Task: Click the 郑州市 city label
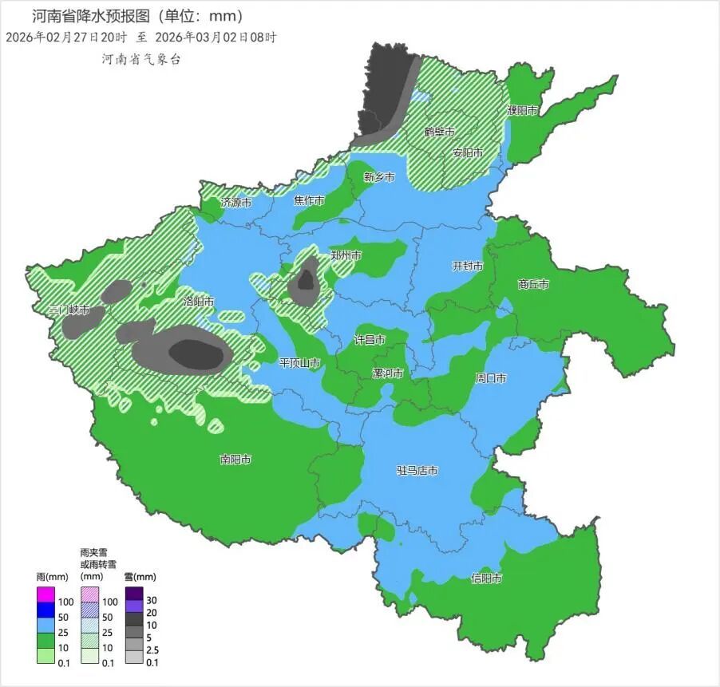pos(346,255)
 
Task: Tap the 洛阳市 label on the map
pos(199,302)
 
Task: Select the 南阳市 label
pos(235,460)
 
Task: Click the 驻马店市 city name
pos(417,471)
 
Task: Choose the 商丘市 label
pos(533,284)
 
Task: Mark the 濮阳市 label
pos(522,111)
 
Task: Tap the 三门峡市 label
pos(69,310)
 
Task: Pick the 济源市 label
pos(236,203)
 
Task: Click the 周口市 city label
pos(491,378)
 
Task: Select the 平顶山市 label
pos(299,363)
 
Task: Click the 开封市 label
pos(468,267)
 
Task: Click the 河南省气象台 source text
pos(140,59)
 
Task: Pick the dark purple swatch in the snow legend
pos(134,594)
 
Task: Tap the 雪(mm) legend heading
pos(139,577)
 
